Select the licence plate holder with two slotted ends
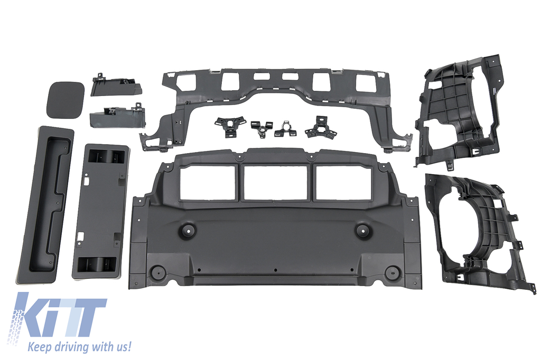(100, 211)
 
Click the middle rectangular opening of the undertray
(275, 183)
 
